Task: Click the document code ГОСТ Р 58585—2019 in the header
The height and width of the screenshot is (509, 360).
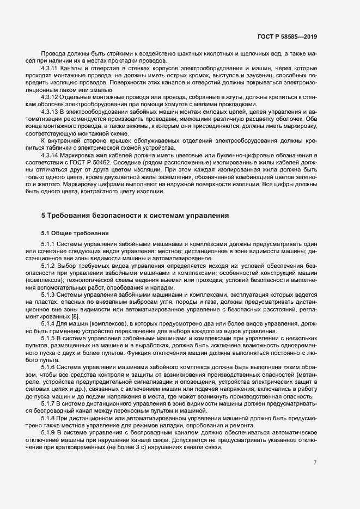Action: (x=287, y=37)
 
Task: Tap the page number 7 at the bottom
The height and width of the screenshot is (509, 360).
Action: (x=315, y=463)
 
